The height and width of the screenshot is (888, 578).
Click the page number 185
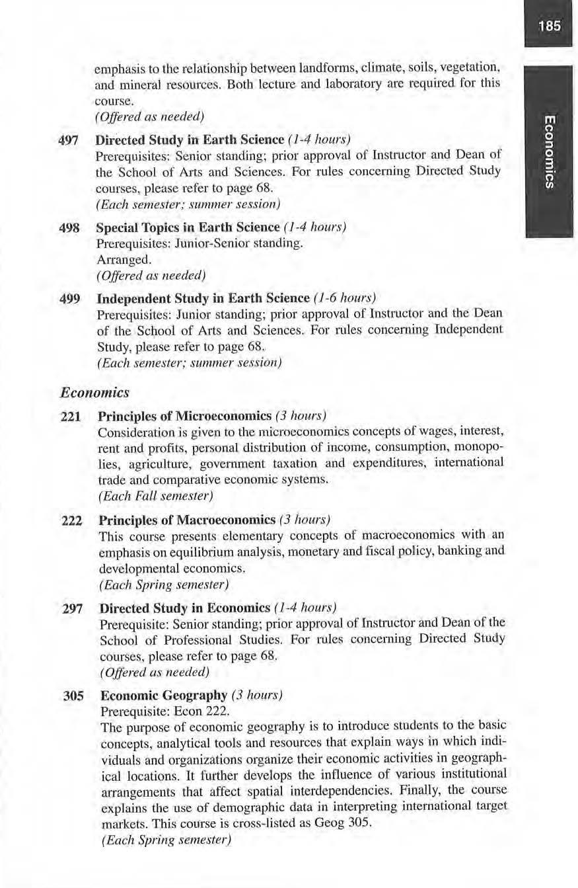pos(550,26)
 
